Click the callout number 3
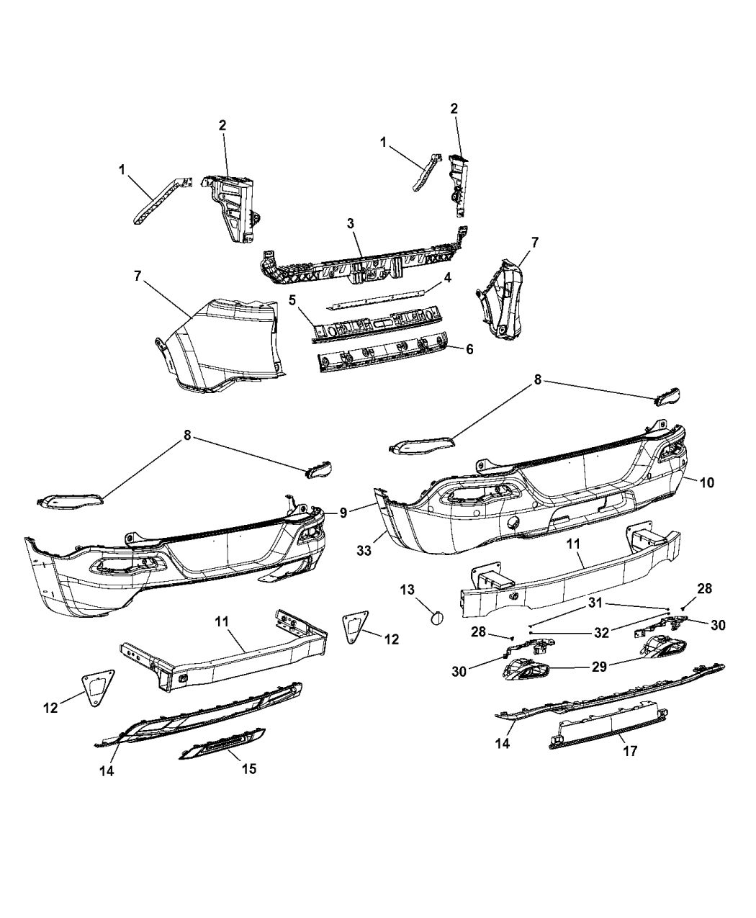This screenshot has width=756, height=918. pyautogui.click(x=351, y=223)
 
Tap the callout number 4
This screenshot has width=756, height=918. pyautogui.click(x=447, y=277)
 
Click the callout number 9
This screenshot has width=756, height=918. pyautogui.click(x=343, y=513)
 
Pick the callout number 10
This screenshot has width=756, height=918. pyautogui.click(x=707, y=482)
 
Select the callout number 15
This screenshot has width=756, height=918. pyautogui.click(x=248, y=769)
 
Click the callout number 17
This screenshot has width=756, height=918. pyautogui.click(x=631, y=751)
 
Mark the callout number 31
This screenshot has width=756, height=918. pyautogui.click(x=594, y=603)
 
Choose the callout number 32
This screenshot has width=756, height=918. pyautogui.click(x=602, y=632)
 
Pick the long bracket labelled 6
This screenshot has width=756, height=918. pyautogui.click(x=389, y=353)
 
